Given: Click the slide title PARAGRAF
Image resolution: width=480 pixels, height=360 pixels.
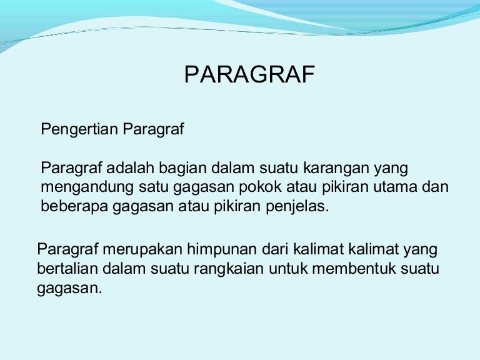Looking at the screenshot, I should point(249,75).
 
